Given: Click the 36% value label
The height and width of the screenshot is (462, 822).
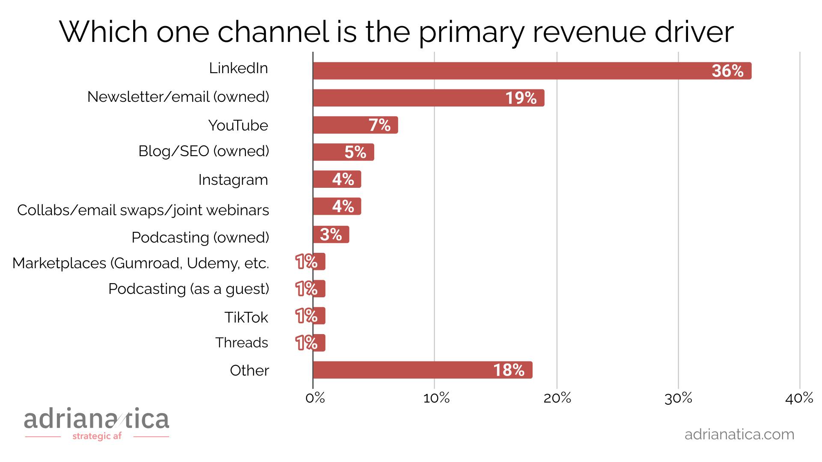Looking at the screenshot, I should [727, 71].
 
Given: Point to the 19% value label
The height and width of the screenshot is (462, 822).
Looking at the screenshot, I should [521, 98].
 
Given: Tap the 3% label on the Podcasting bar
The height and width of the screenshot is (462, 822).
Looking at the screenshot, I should [331, 234].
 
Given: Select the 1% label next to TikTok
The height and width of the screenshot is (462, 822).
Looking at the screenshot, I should [307, 316].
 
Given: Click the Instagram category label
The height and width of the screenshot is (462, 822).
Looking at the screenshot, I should [233, 180].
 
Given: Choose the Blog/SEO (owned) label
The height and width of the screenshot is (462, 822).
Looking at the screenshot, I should [204, 151].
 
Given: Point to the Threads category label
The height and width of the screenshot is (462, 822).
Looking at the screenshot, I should [241, 343].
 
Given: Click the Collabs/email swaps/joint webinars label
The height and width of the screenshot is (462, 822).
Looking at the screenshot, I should [143, 210].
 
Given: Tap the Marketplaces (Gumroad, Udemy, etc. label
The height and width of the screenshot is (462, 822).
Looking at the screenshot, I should [140, 263].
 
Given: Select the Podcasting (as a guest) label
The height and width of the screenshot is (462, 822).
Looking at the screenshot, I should [188, 289].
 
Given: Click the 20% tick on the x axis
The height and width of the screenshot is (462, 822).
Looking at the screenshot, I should [557, 399].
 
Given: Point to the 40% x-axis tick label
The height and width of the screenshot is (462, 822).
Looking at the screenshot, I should [799, 399].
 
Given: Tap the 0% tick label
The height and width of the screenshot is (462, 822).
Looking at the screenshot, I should [315, 399].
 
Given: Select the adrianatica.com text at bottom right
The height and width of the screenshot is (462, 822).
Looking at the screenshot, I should [739, 434].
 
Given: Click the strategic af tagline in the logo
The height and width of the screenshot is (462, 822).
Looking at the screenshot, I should [97, 436].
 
